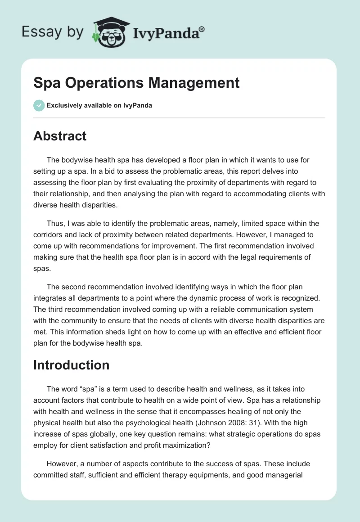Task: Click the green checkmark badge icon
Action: point(39,105)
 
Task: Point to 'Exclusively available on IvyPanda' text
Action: point(99,106)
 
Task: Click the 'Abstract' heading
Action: point(60,136)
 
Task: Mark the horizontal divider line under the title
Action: point(179,118)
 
